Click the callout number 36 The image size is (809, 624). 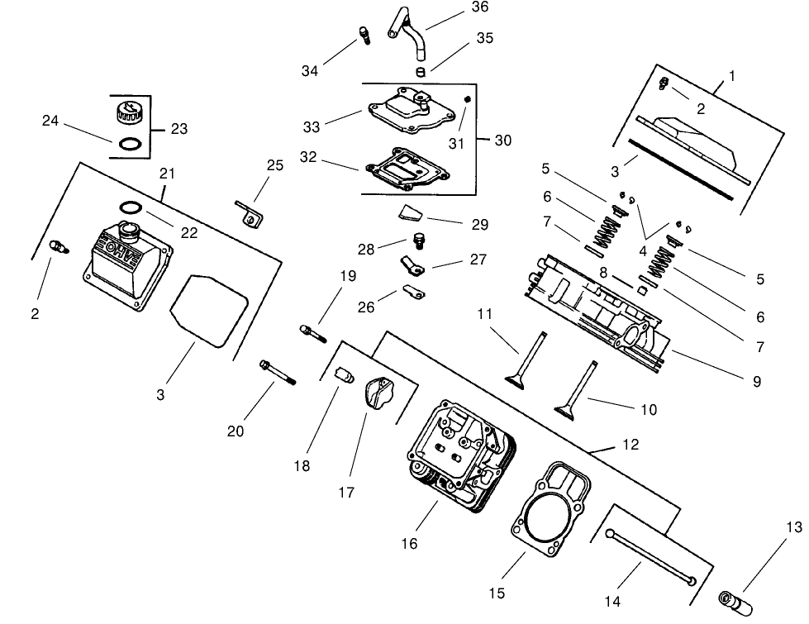pos(479,7)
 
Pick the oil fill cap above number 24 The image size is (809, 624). pos(129,111)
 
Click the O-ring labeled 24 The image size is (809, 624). pos(129,144)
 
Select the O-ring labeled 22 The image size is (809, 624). pos(135,207)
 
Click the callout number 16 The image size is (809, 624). pos(410,543)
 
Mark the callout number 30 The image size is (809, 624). pos(502,141)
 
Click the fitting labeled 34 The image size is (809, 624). pos(363,35)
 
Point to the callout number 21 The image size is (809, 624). pos(168,174)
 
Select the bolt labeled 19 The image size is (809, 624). pos(312,333)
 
